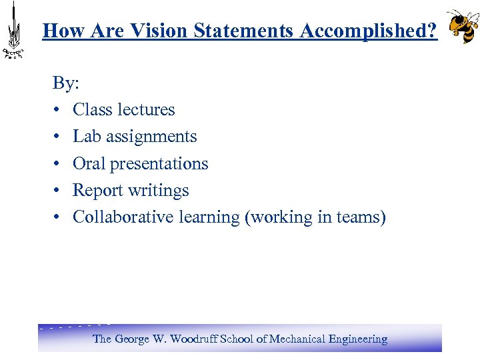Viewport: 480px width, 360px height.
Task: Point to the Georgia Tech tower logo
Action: [x=13, y=31]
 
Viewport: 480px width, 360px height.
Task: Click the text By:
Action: [x=66, y=83]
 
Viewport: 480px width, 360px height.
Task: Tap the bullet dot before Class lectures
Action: [x=58, y=110]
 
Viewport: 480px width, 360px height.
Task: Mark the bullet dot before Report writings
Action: [x=58, y=191]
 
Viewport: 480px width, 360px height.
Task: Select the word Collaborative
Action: [x=123, y=217]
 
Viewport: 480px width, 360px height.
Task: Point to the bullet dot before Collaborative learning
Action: [x=58, y=217]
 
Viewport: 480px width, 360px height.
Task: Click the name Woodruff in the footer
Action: [x=195, y=339]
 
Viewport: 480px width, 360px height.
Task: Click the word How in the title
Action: [x=61, y=30]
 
